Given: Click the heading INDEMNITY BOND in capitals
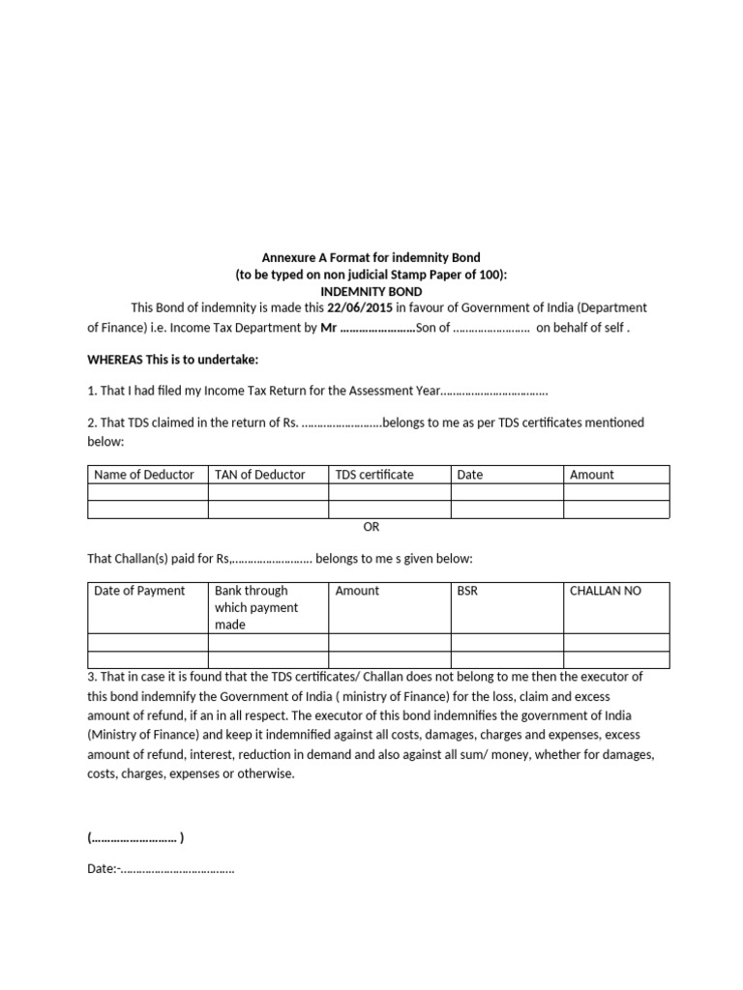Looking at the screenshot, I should pyautogui.click(x=371, y=291).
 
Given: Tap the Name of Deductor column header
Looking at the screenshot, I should pyautogui.click(x=143, y=475).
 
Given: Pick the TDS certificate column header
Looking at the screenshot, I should pyautogui.click(x=374, y=475).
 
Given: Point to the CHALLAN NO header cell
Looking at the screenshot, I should pyautogui.click(x=606, y=591).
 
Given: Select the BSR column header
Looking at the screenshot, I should pyautogui.click(x=467, y=591).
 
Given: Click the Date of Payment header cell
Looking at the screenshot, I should pyautogui.click(x=139, y=591).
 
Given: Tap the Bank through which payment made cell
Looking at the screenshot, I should pyautogui.click(x=256, y=607).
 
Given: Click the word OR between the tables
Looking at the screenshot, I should pyautogui.click(x=371, y=527).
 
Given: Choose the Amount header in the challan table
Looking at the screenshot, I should pyautogui.click(x=357, y=591).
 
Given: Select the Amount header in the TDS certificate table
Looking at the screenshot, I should pyautogui.click(x=592, y=475).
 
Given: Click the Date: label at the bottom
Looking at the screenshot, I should pyautogui.click(x=102, y=869).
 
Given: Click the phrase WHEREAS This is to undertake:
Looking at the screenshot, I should pyautogui.click(x=173, y=360).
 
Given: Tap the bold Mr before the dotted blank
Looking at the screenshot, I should pyautogui.click(x=327, y=328).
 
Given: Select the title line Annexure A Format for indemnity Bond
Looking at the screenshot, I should pyautogui.click(x=371, y=258).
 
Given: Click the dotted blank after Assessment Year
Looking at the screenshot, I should pyautogui.click(x=494, y=392).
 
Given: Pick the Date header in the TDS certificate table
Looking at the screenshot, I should pyautogui.click(x=470, y=475).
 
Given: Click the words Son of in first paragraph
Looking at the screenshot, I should pyautogui.click(x=432, y=328).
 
